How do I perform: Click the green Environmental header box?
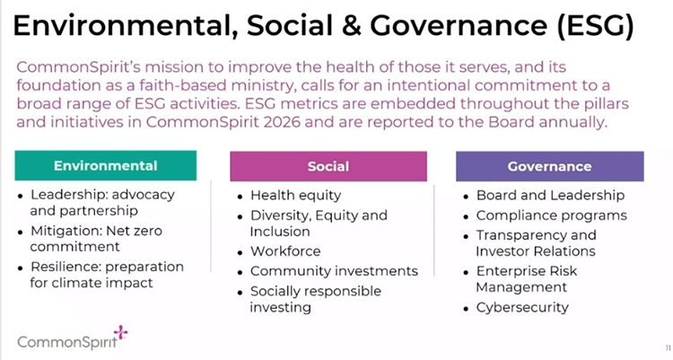106,165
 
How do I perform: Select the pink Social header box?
328,166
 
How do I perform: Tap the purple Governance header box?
550,166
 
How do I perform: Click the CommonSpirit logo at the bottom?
73,338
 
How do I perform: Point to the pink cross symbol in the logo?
120,332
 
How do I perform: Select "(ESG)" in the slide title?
595,26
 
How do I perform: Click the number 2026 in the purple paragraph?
282,122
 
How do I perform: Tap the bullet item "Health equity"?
296,196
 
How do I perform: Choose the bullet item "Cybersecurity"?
522,308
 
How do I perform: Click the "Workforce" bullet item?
285,251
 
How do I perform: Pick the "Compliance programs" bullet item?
552,215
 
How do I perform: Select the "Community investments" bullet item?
334,271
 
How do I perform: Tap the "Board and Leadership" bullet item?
550,196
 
